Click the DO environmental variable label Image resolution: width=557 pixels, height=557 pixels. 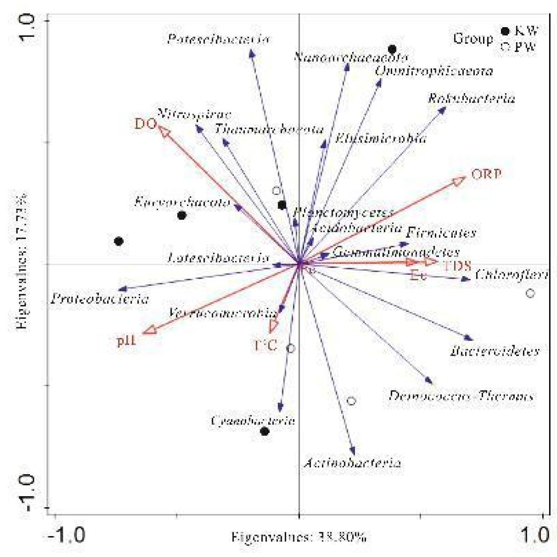pyautogui.click(x=145, y=124)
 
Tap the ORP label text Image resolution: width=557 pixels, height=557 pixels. pyautogui.click(x=486, y=174)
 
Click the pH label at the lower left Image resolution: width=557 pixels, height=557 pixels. pyautogui.click(x=127, y=341)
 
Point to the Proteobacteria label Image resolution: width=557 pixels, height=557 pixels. pyautogui.click(x=100, y=299)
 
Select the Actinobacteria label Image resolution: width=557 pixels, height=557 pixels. pyautogui.click(x=352, y=463)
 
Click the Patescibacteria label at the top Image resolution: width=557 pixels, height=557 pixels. pyautogui.click(x=218, y=39)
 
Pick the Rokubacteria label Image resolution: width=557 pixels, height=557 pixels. pyautogui.click(x=471, y=99)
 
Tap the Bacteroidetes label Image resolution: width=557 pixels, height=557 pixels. pyautogui.click(x=494, y=351)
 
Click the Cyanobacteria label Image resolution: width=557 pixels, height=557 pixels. pyautogui.click(x=253, y=420)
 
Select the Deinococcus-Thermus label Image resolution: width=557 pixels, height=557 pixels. pyautogui.click(x=461, y=396)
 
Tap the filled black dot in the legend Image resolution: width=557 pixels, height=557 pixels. pyautogui.click(x=505, y=31)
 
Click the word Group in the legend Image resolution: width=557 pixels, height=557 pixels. pyautogui.click(x=473, y=39)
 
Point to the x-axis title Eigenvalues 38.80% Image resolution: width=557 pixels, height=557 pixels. pyautogui.click(x=299, y=537)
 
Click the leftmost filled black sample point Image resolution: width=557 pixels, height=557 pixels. pyautogui.click(x=119, y=241)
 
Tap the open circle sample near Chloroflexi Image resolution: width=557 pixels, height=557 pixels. pyautogui.click(x=530, y=293)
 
